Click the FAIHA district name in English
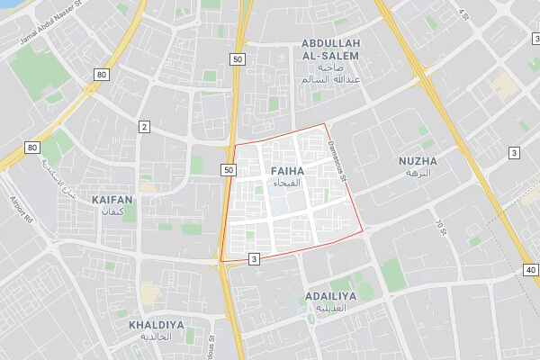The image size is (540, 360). pos(286,170)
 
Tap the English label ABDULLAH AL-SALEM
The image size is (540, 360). pos(330,49)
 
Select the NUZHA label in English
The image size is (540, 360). pos(418,161)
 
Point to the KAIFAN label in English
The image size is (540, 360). pos(112,199)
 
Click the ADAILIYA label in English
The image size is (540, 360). pos(331,295)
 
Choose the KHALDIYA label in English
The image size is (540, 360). pos(156,324)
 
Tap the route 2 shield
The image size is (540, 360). pos(143,127)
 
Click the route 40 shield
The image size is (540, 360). pos(529,269)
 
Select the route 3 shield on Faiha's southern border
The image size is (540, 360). pos(255,259)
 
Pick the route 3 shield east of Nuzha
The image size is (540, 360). pos(513,154)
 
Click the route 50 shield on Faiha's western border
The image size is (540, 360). pos(228,169)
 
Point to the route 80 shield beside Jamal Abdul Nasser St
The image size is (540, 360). pos(101,75)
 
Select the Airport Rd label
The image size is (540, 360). pos(21,209)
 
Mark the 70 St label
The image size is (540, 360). pos(440,227)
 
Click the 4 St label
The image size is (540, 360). pos(463,15)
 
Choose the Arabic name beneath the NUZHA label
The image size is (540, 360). pos(418,173)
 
